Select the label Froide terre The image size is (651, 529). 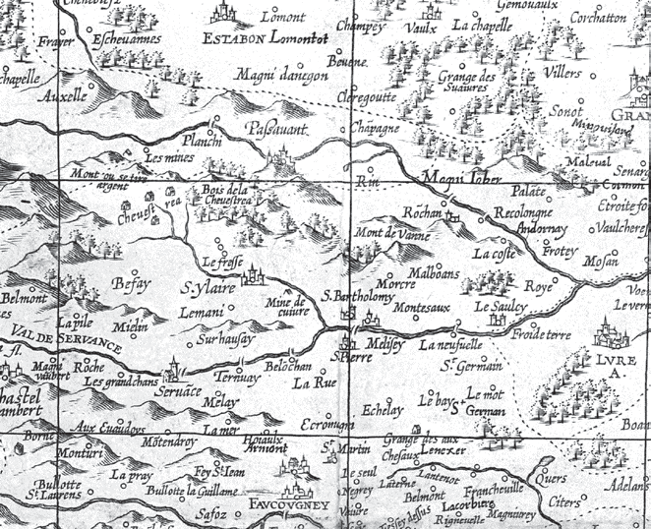(x=514, y=334)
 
